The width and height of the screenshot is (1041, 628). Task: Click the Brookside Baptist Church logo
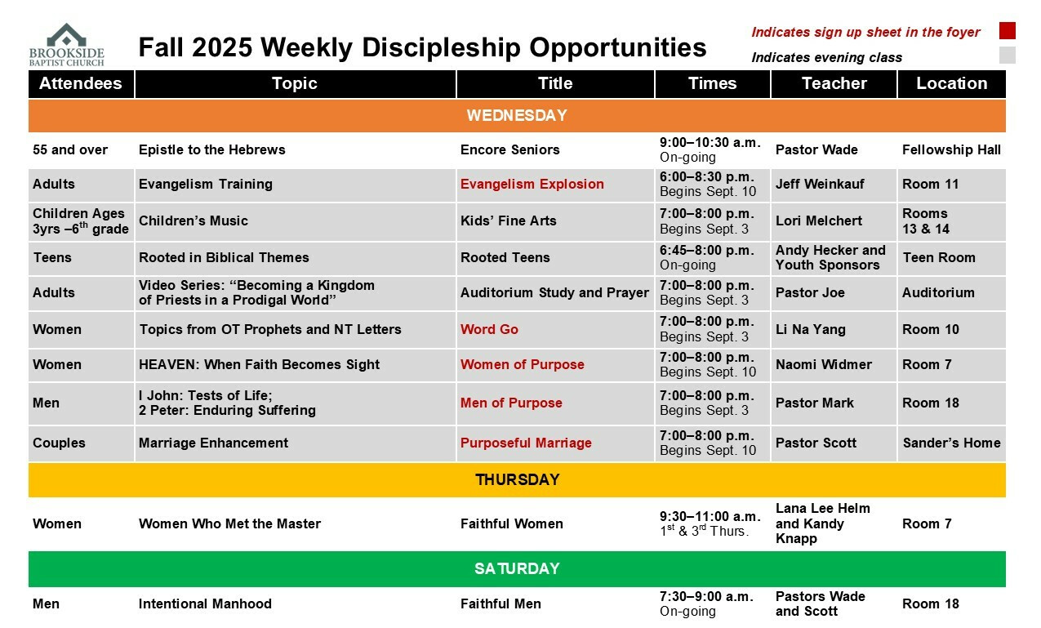pyautogui.click(x=67, y=45)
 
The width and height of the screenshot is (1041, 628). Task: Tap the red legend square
pyautogui.click(x=1007, y=31)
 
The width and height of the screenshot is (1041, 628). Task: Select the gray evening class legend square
pyautogui.click(x=1007, y=55)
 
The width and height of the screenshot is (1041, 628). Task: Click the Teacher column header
pyautogui.click(x=834, y=83)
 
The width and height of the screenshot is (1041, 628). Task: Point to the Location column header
pyautogui.click(x=951, y=83)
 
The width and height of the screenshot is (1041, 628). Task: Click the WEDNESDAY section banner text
pyautogui.click(x=517, y=115)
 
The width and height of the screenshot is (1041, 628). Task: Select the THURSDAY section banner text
pyautogui.click(x=518, y=479)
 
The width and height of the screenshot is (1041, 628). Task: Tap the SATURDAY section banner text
pyautogui.click(x=517, y=568)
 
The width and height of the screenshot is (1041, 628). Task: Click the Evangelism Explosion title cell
pyautogui.click(x=532, y=184)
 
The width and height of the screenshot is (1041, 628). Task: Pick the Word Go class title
pyautogui.click(x=489, y=329)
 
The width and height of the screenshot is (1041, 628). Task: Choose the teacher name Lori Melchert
pyautogui.click(x=819, y=220)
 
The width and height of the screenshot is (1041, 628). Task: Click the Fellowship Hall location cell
pyautogui.click(x=951, y=149)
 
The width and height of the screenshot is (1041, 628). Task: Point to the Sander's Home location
pyautogui.click(x=952, y=443)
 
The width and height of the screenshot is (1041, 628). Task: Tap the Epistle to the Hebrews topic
pyautogui.click(x=212, y=149)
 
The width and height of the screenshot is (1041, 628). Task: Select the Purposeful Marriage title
pyautogui.click(x=526, y=443)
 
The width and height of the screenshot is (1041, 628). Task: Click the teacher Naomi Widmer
pyautogui.click(x=824, y=364)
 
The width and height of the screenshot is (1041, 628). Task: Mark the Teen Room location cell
pyautogui.click(x=939, y=257)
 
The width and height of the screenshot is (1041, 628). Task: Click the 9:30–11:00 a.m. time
pyautogui.click(x=710, y=516)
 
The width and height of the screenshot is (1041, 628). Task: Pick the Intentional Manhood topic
pyautogui.click(x=205, y=604)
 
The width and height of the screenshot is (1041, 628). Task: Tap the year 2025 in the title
pyautogui.click(x=222, y=47)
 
